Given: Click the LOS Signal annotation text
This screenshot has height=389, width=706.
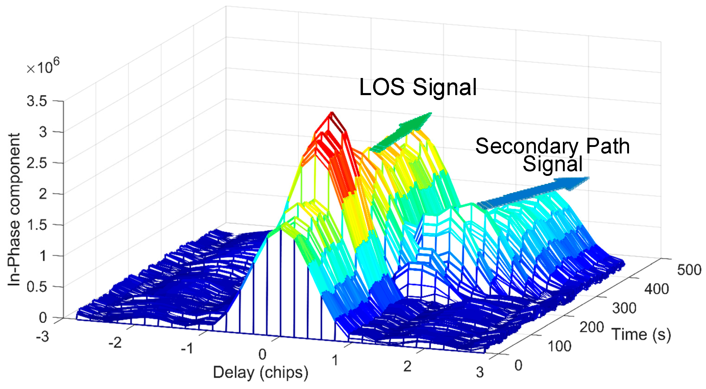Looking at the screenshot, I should [x=418, y=87].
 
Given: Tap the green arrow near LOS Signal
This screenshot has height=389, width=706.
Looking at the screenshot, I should [x=402, y=131].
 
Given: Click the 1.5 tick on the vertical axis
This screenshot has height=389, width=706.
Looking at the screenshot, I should [x=37, y=225].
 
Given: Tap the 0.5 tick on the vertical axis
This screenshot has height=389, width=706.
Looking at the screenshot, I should [x=37, y=287].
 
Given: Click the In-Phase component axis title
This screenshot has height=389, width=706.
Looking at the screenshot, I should [x=14, y=210].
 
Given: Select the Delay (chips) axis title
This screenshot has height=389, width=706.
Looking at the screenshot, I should [x=261, y=373].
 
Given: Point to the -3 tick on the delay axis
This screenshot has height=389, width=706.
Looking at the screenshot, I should [x=43, y=336].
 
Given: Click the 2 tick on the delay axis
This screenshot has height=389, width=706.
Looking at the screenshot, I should [x=407, y=367].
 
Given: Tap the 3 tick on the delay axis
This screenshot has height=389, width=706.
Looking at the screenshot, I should [x=480, y=372].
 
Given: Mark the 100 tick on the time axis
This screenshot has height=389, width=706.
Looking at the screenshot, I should [x=559, y=346].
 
